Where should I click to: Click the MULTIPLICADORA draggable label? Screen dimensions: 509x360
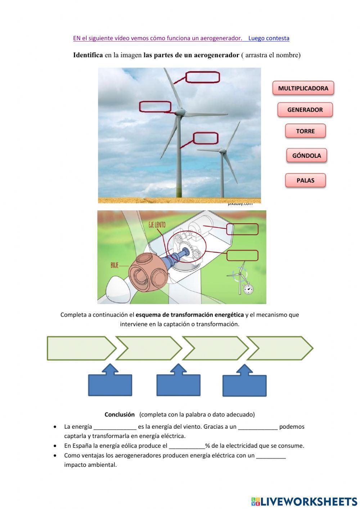click(x=303, y=88)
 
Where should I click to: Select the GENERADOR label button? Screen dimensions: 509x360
click(x=305, y=110)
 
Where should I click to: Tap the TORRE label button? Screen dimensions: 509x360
click(x=305, y=131)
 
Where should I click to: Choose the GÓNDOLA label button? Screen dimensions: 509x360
click(x=306, y=156)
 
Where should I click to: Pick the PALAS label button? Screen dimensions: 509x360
click(x=305, y=180)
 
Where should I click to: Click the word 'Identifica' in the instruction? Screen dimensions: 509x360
click(x=88, y=55)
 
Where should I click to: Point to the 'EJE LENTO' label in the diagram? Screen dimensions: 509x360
click(x=157, y=225)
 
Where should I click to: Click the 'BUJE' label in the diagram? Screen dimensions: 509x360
click(x=114, y=265)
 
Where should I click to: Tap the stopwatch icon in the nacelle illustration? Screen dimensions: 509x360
click(x=247, y=289)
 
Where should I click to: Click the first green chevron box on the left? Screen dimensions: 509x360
click(x=79, y=348)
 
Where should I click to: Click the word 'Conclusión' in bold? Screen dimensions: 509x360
click(x=120, y=414)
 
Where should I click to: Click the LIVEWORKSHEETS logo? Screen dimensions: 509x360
click(x=304, y=501)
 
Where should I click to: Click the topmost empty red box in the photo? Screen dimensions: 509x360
click(x=202, y=77)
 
